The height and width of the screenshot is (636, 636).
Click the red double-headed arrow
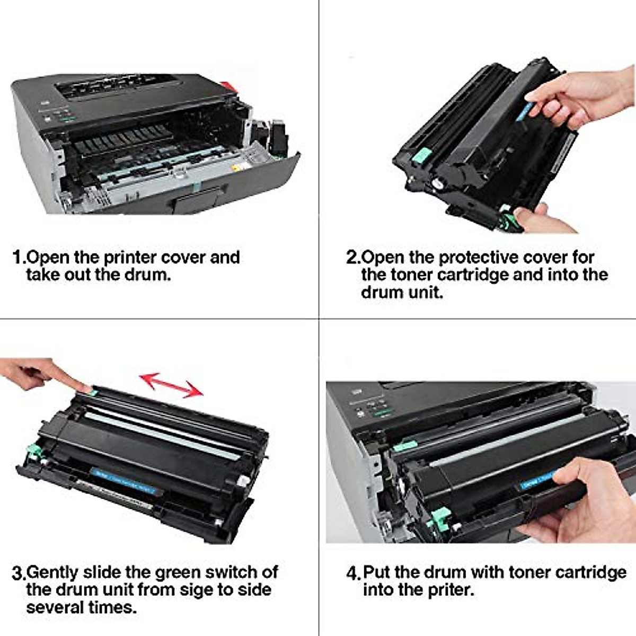click(171, 385)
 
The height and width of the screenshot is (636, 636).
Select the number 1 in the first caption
click(17, 258)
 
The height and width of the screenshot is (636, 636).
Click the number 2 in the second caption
click(352, 258)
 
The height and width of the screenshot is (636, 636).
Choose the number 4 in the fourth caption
click(352, 573)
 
